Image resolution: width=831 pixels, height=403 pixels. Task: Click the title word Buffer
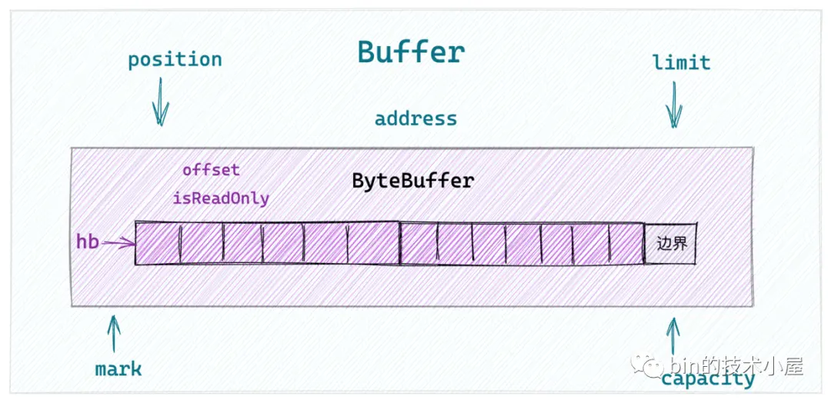[411, 52]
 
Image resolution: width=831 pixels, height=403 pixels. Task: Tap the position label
[175, 60]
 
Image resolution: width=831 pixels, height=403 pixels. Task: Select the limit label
[681, 62]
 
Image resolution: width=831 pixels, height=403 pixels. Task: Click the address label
[415, 119]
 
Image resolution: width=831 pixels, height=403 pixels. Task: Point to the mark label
[118, 369]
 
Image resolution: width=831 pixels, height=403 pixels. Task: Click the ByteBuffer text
[413, 182]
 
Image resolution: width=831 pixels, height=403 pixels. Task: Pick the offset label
[211, 170]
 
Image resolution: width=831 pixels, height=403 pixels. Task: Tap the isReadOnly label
[221, 198]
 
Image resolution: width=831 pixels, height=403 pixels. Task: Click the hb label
[87, 241]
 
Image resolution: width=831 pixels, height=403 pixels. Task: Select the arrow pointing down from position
[160, 106]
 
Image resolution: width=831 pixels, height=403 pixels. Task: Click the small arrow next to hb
[118, 244]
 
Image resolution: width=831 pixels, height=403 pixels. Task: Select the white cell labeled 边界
[671, 244]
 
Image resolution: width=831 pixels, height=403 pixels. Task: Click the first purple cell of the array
[158, 243]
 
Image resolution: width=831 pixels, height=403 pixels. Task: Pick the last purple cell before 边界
[627, 244]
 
